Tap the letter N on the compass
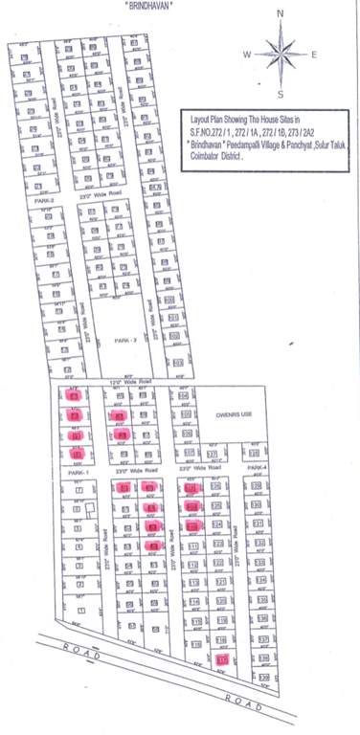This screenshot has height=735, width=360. coord(280,14)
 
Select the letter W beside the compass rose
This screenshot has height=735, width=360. coord(247,55)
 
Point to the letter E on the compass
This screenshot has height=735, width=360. coord(314,55)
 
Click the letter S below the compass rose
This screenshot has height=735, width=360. coord(280,94)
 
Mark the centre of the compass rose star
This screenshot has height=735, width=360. coord(280,54)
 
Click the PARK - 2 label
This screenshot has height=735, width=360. coord(127,340)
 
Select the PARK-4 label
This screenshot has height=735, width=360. coord(256,467)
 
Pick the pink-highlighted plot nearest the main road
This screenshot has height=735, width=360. coord(222,659)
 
